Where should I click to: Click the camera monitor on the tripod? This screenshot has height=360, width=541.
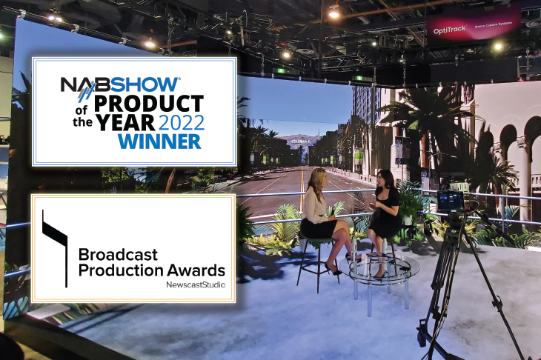[451, 200]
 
